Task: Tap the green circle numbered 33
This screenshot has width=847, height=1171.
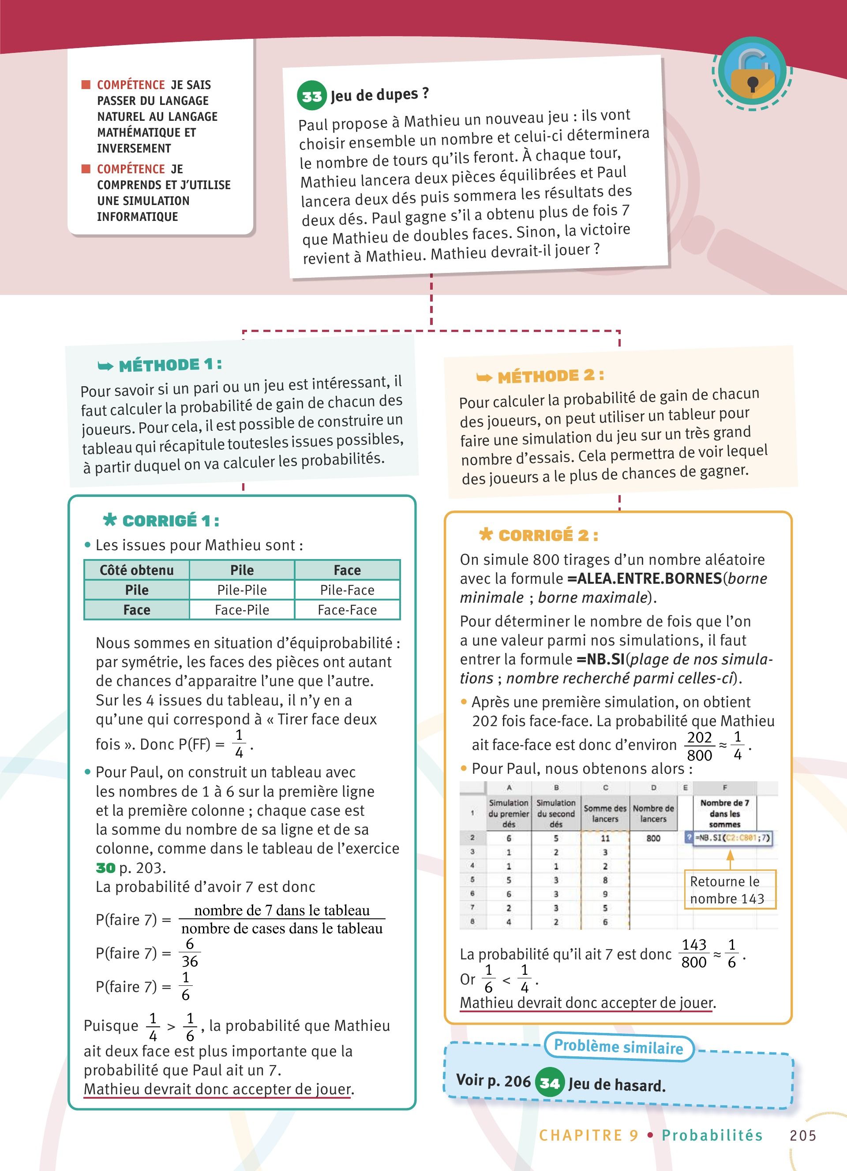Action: [x=311, y=96]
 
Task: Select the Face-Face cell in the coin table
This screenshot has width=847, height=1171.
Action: [x=347, y=610]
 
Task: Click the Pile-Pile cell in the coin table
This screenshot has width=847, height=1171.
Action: [x=242, y=589]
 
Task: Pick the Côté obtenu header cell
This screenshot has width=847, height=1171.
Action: [x=136, y=570]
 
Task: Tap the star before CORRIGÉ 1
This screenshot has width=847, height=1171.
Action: [x=109, y=519]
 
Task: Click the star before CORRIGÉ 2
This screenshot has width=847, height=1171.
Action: [x=486, y=534]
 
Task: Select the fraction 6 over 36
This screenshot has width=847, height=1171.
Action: [x=190, y=953]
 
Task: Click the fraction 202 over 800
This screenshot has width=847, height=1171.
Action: [x=699, y=746]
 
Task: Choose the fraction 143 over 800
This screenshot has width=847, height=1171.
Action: [x=693, y=953]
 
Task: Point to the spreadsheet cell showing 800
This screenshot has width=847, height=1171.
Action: [x=653, y=839]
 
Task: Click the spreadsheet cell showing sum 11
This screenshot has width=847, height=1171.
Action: [x=605, y=839]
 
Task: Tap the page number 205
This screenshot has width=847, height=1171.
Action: [x=802, y=1135]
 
